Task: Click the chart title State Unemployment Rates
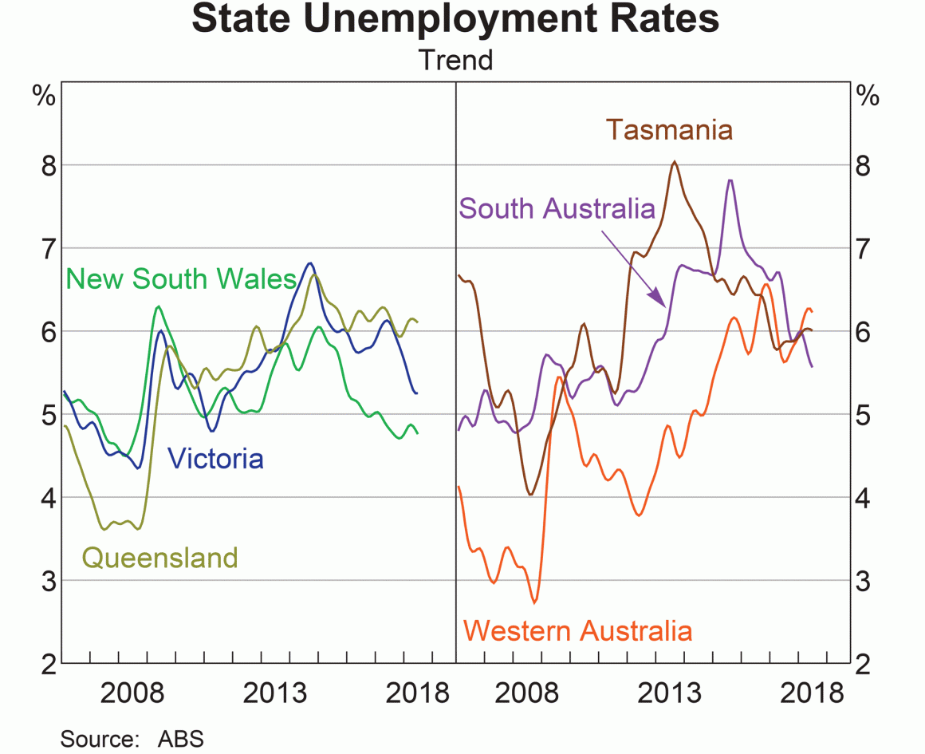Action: point(455,22)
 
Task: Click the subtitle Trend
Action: point(455,60)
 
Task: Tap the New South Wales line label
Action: point(181,278)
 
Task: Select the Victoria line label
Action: point(215,458)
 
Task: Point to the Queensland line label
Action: point(159,557)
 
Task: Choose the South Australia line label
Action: point(557,208)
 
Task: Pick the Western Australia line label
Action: point(578,630)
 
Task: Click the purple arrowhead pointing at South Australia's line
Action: point(659,300)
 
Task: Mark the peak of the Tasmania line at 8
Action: point(675,162)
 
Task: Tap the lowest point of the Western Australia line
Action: point(534,602)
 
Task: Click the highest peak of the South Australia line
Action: point(730,180)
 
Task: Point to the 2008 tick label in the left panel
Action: point(132,692)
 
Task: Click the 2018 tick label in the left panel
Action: point(417,692)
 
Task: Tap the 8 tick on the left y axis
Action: point(46,165)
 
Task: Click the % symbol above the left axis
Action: point(44,97)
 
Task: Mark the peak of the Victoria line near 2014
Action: point(310,263)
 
